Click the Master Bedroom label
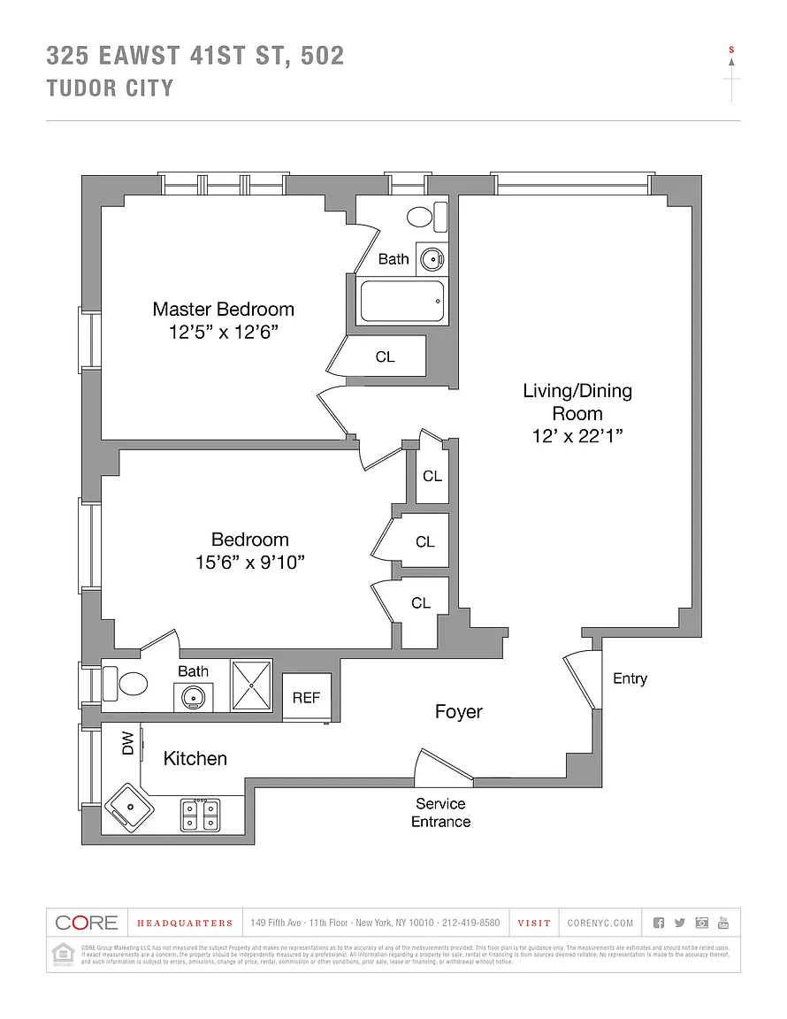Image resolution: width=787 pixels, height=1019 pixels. click(x=223, y=310)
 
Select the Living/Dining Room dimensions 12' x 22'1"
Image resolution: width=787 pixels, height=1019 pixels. click(x=577, y=436)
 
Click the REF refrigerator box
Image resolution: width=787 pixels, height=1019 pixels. click(x=306, y=698)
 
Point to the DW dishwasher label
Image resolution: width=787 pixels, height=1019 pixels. click(x=127, y=743)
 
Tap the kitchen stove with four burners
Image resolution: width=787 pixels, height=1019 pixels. click(x=200, y=814)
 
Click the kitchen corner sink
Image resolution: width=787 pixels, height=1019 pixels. click(x=129, y=806)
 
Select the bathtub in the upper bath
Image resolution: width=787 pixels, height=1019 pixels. click(x=401, y=302)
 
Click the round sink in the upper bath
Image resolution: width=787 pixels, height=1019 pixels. click(x=431, y=259)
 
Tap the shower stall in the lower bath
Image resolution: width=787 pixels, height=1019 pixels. click(x=251, y=685)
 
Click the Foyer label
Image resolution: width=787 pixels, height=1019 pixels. click(x=458, y=712)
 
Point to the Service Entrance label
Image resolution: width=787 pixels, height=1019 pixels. click(x=440, y=813)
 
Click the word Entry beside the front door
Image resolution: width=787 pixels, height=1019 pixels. click(x=630, y=678)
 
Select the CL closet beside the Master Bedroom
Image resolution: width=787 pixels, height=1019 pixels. click(x=386, y=357)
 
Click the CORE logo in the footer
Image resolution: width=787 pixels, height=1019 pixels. click(x=87, y=923)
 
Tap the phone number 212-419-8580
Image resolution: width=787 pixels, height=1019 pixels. click(x=470, y=923)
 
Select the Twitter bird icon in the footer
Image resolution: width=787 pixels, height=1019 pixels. click(x=679, y=923)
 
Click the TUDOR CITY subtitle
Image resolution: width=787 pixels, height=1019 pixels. click(x=110, y=88)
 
